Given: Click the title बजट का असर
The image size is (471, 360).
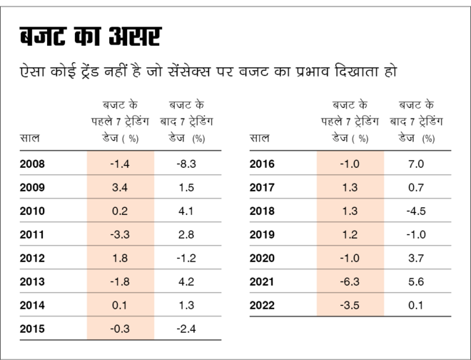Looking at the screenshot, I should [90, 37].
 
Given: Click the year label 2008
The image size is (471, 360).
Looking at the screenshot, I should [34, 164].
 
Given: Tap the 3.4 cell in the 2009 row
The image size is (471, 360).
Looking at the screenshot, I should [120, 188].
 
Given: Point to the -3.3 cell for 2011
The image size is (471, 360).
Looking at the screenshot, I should [120, 235].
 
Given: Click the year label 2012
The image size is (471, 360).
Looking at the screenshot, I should [34, 259].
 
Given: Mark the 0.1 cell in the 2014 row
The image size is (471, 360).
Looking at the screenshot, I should [120, 306].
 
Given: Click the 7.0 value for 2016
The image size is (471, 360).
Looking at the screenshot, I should [417, 164].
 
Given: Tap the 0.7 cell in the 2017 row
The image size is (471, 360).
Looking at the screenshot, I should [417, 188].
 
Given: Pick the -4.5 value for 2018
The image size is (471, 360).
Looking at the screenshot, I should [417, 211].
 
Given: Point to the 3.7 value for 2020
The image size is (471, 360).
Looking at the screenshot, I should [417, 259].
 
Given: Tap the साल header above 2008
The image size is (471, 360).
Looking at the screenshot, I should [31, 138].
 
